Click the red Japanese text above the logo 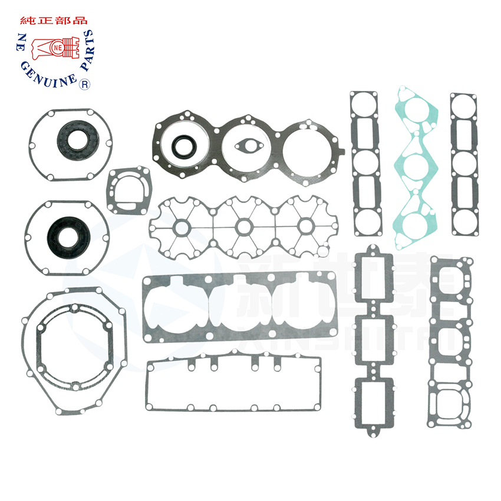pos(54,20)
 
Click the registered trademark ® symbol pos(84,85)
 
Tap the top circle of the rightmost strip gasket pos(463,108)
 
